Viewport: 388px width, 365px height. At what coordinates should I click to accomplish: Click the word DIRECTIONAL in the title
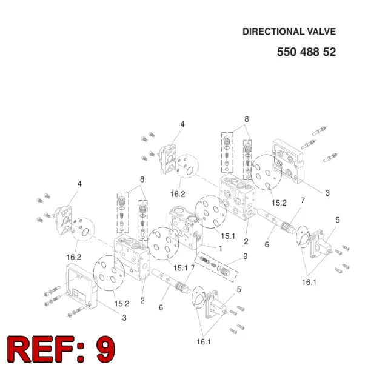click(273, 32)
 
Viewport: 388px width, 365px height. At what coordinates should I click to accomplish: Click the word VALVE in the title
click(321, 32)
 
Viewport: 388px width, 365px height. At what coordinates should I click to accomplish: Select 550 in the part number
click(287, 52)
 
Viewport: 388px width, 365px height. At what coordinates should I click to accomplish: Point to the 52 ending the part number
click(329, 52)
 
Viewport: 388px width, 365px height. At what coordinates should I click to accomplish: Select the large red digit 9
click(105, 349)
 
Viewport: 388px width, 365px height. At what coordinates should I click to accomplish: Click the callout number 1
click(221, 248)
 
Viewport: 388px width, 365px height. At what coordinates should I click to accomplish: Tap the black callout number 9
click(245, 256)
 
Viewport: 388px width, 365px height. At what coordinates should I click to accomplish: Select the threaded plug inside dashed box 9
click(225, 272)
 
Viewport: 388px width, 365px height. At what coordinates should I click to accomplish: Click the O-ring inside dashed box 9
click(219, 268)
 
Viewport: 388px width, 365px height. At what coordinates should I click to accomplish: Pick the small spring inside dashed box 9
click(213, 266)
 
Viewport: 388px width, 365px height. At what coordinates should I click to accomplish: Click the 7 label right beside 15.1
click(193, 267)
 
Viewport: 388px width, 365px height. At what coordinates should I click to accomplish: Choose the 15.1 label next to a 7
click(181, 268)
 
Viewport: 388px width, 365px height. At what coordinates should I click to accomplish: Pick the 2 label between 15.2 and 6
click(142, 301)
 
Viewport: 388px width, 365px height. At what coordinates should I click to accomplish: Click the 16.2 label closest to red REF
click(74, 257)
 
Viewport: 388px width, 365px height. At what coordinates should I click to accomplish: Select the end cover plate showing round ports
click(288, 161)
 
